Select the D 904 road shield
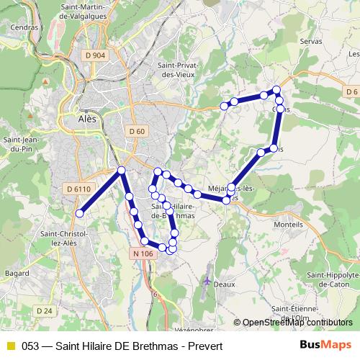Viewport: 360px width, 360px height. coord(94,55)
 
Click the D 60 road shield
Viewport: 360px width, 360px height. coord(137,130)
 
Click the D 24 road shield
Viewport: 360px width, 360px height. coord(45,310)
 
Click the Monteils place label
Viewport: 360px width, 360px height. coord(289,225)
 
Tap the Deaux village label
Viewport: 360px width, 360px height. coord(225,284)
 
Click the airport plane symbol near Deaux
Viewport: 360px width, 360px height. coord(208,279)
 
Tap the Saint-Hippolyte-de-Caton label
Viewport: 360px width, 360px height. coord(333,280)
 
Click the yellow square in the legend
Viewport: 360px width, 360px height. coord(10,346)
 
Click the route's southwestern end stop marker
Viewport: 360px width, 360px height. coord(81,213)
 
